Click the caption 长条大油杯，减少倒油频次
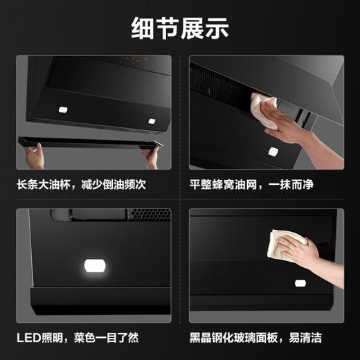pyautogui.click(x=91, y=186)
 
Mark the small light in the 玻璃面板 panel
pyautogui.click(x=301, y=282)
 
